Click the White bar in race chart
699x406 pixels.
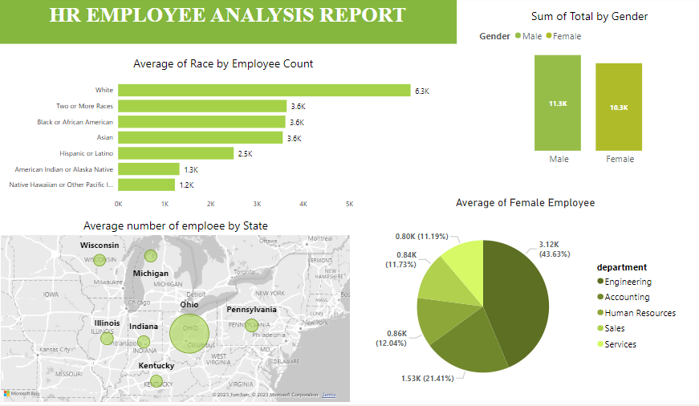264,91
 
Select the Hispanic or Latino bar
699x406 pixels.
176,153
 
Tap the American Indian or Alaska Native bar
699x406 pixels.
148,169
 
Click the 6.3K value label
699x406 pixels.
422,91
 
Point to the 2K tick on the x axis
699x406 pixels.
210,204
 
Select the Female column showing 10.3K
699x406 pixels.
619,107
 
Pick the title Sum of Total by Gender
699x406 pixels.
589,17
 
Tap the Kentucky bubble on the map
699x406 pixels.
156,381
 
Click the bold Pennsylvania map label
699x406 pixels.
251,310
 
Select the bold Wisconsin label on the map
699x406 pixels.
100,246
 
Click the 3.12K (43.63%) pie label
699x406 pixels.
550,248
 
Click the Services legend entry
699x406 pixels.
620,344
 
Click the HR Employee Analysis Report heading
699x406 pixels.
227,15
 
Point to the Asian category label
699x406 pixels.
104,138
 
